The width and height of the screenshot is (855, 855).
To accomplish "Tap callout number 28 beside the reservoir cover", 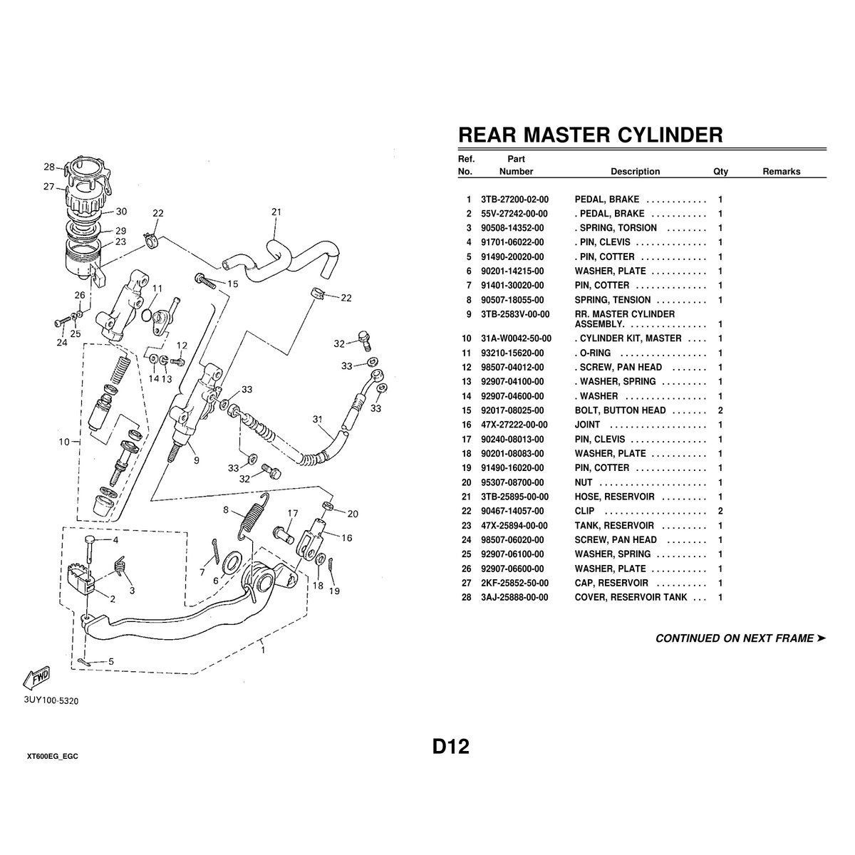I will tap(48, 167).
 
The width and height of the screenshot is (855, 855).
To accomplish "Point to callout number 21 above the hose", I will tap(277, 212).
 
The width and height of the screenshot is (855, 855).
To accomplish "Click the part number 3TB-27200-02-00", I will tap(514, 199).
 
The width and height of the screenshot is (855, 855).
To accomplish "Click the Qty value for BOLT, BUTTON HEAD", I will tap(720, 410).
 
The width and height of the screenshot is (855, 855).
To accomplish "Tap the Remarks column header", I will tap(781, 172).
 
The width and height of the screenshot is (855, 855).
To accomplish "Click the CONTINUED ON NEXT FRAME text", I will tap(740, 638).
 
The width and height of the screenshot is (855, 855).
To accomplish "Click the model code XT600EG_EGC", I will tap(52, 755).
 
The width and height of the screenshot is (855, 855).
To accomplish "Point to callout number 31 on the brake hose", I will tap(317, 420).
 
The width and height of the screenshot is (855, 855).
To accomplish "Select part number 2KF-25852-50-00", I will tap(514, 583).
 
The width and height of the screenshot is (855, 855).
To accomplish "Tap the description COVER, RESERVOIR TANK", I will tap(631, 597).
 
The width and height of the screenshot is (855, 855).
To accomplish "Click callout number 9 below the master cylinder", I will tap(196, 460).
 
